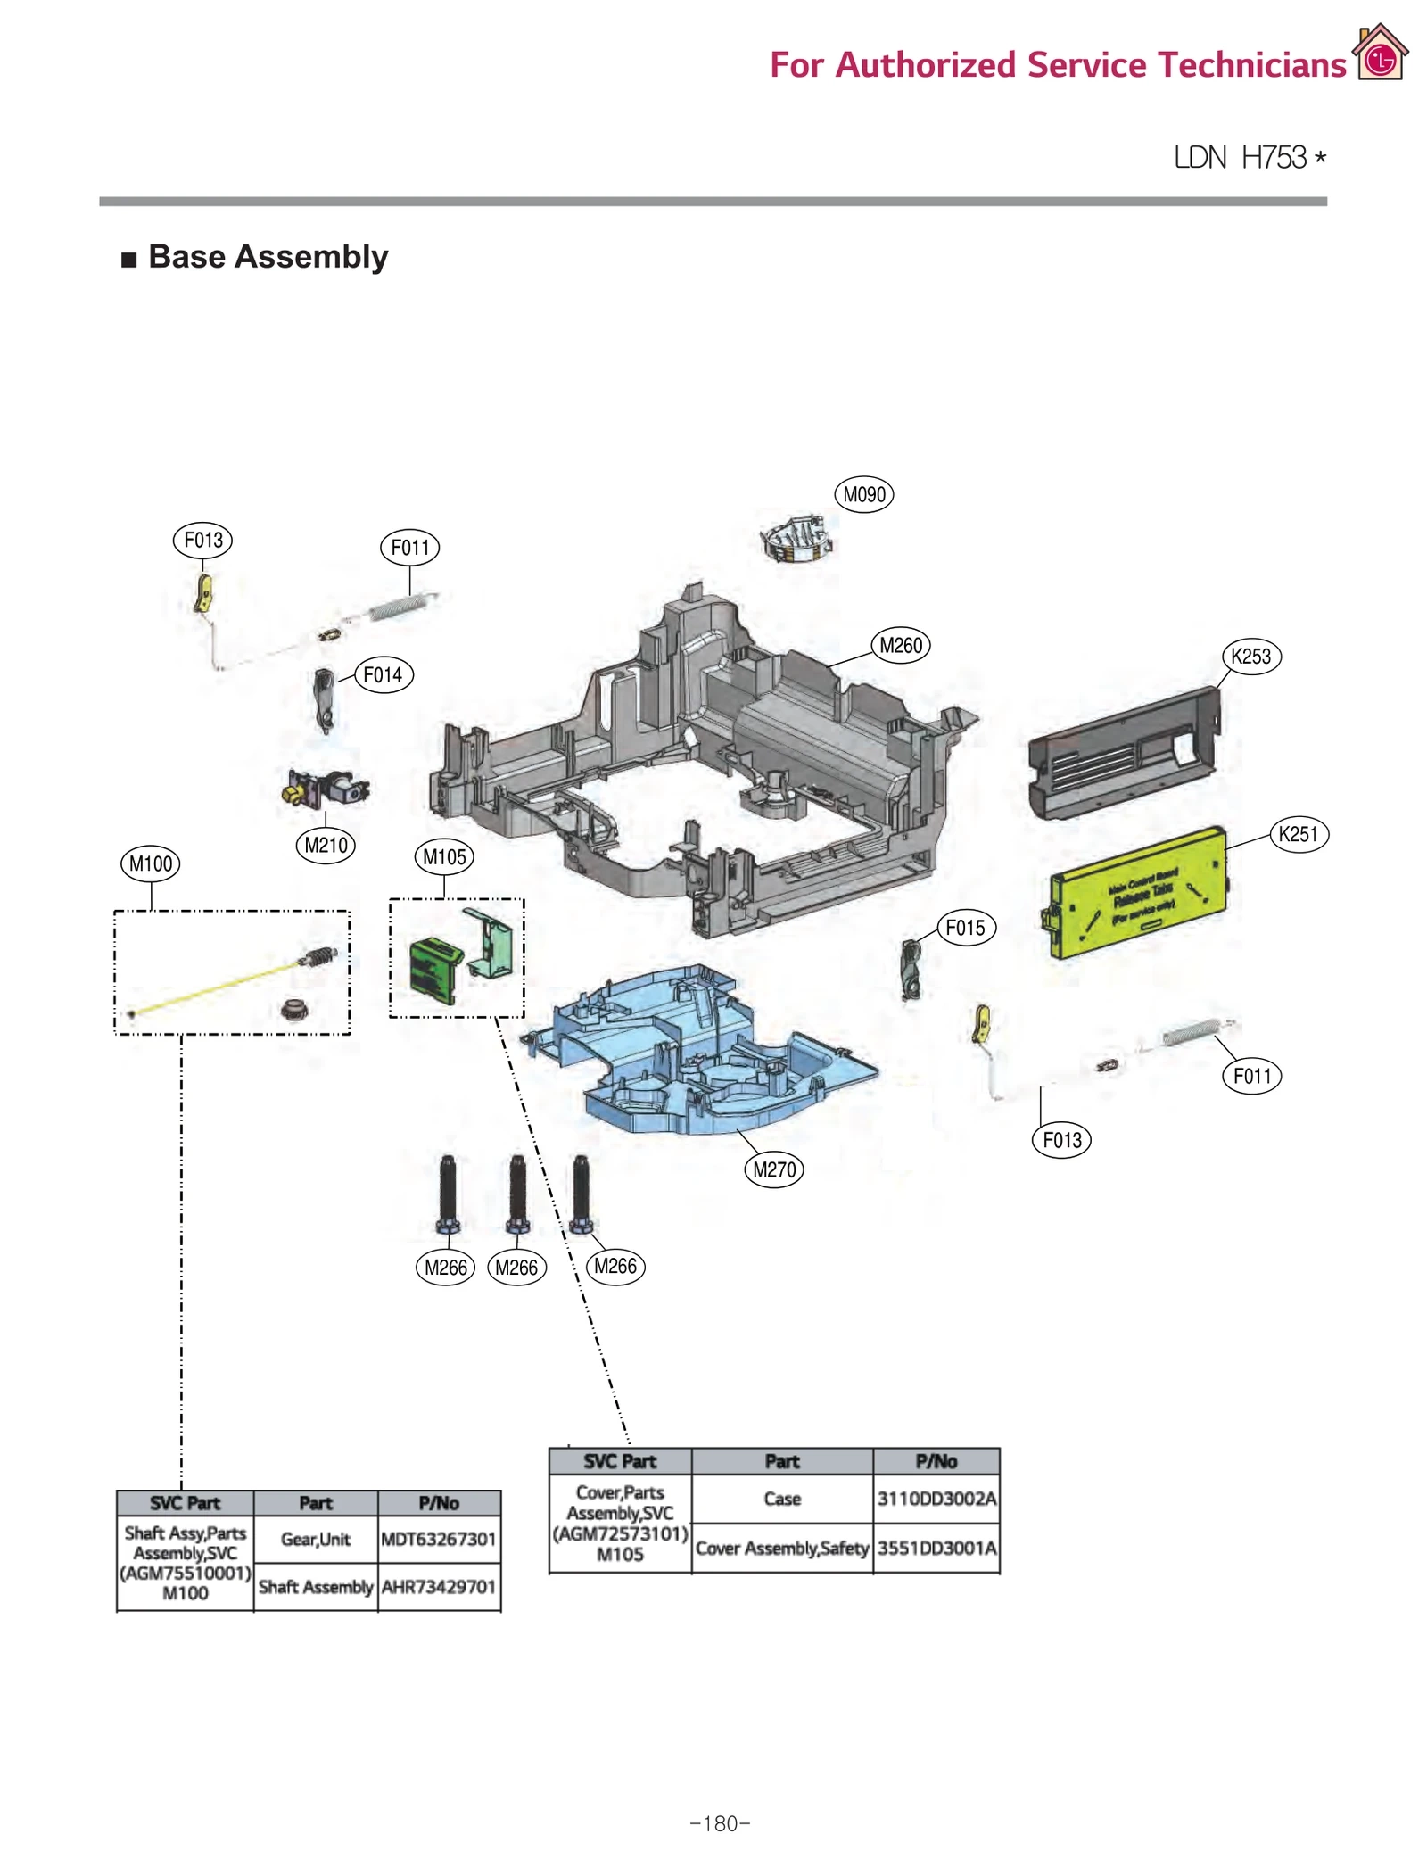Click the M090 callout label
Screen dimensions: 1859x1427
863,494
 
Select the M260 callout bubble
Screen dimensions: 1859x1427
900,645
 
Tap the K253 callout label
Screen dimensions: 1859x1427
1250,657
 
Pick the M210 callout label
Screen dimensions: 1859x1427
326,845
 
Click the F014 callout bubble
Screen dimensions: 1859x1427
384,674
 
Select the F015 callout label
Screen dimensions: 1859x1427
965,928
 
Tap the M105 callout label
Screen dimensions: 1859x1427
444,857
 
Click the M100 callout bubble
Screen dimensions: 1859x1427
151,863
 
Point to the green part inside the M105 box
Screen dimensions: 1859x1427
434,970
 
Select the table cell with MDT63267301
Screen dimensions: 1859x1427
438,1539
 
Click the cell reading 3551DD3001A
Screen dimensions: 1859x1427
936,1548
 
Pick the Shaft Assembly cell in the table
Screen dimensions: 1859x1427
315,1586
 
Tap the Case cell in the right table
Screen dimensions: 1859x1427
781,1499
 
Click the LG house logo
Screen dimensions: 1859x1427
1380,54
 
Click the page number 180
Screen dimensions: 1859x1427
720,1823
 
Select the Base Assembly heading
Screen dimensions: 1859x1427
268,257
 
